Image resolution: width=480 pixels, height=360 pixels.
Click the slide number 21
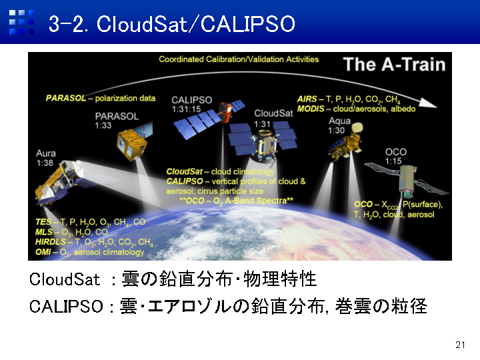460,345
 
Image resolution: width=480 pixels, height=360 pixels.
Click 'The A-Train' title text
394,64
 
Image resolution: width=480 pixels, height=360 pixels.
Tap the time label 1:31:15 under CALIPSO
186,109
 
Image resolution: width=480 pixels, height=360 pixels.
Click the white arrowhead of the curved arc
428,103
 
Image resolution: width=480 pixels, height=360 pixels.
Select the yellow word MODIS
311,109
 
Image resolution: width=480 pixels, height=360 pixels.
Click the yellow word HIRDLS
50,242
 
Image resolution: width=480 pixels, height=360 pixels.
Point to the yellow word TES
43,222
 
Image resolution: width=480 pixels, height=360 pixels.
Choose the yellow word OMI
43,252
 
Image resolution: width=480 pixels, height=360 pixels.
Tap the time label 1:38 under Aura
45,163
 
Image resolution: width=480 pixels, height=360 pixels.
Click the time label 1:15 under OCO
393,161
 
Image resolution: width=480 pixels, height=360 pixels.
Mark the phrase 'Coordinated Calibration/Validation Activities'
239,59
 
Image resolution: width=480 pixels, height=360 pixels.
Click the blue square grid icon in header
21,23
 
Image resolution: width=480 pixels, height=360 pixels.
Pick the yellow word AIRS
307,99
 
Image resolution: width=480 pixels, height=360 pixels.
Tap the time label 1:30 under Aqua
336,131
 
